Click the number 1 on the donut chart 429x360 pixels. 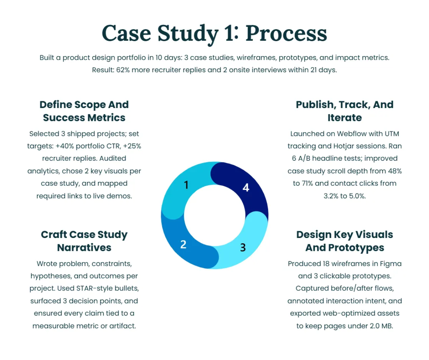[186, 185]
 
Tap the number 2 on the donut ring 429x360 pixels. [183, 244]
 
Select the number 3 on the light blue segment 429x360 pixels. [243, 247]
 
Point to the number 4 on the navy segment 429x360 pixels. [246, 187]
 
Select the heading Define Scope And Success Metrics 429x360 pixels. [84, 111]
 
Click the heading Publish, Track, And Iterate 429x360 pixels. [345, 111]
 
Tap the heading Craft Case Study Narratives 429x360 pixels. [84, 241]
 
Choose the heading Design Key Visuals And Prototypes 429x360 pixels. [345, 241]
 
